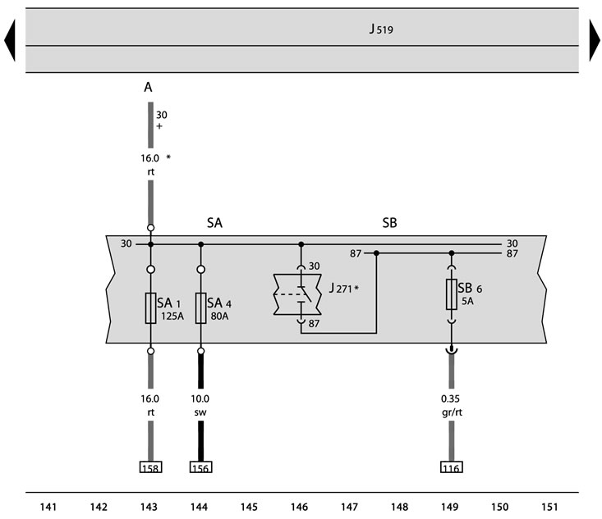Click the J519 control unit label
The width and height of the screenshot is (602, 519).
[x=381, y=30]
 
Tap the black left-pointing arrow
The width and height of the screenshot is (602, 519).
[x=11, y=40]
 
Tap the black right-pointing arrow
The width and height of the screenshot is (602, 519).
[x=595, y=40]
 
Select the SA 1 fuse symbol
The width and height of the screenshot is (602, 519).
[x=151, y=308]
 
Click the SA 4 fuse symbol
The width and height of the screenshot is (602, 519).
[x=200, y=308]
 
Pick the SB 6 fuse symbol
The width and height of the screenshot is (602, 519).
[x=452, y=294]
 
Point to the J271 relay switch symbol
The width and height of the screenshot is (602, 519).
[x=297, y=294]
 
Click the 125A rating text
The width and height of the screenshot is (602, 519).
[x=172, y=316]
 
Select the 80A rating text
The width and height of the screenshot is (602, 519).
[x=219, y=316]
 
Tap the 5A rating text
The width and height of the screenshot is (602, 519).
[x=467, y=301]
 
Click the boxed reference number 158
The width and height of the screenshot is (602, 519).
[x=150, y=467]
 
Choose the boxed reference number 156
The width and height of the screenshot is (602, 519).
[x=200, y=467]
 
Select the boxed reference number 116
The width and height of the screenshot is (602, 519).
[x=452, y=467]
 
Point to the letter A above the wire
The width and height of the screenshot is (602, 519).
[x=148, y=88]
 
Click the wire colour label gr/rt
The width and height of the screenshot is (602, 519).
[x=452, y=412]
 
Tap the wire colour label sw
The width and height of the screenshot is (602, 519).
[x=200, y=412]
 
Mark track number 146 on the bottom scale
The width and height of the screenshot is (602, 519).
[x=299, y=508]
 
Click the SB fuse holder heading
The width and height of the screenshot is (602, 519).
[x=389, y=223]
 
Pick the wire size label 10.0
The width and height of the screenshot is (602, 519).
[x=200, y=398]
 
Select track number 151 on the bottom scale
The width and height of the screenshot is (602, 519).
[x=549, y=508]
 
